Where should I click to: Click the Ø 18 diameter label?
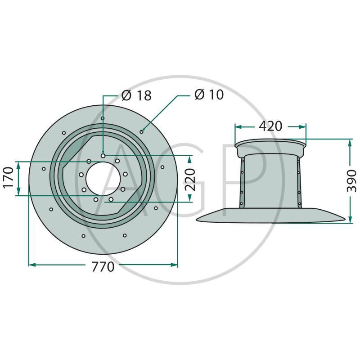[x=136, y=95]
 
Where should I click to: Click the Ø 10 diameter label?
[x=209, y=94]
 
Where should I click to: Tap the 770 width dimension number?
[x=103, y=266]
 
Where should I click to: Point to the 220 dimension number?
[x=190, y=180]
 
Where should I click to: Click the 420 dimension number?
[x=270, y=126]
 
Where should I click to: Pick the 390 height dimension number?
[x=351, y=181]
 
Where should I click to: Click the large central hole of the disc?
[x=103, y=179]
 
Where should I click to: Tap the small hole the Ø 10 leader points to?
[x=142, y=131]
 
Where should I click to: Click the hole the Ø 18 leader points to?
[x=103, y=156]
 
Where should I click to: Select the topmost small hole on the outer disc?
[x=103, y=118]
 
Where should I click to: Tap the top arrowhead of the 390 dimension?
[x=350, y=143]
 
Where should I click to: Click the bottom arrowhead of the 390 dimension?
[x=350, y=219]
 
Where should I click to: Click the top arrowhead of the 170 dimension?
[x=18, y=165]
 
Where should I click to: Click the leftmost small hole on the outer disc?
[x=44, y=169]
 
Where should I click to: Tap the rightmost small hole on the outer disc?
[x=162, y=167]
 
